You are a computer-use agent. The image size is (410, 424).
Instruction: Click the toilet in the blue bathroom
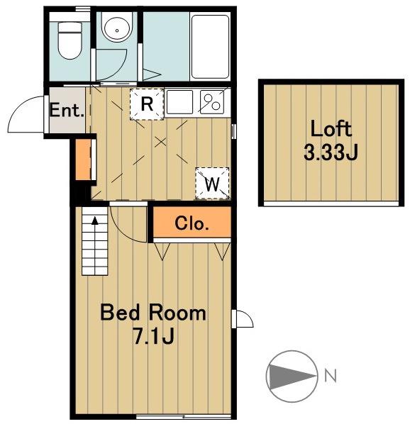pyautogui.click(x=70, y=40)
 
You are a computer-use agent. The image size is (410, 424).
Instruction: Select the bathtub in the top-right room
pyautogui.click(x=210, y=47)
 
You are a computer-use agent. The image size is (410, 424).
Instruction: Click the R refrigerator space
pyautogui.click(x=147, y=104)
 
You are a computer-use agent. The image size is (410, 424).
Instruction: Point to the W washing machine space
pyautogui.click(x=212, y=184)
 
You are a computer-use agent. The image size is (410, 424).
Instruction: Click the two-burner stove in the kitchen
pyautogui.click(x=212, y=102)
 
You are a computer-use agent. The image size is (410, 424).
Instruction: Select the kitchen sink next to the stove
pyautogui.click(x=179, y=102)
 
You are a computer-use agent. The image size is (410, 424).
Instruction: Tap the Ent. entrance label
pyautogui.click(x=67, y=110)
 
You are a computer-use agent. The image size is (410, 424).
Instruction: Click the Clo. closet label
pyautogui.click(x=192, y=223)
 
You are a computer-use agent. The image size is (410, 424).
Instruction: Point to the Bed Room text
pyautogui.click(x=153, y=313)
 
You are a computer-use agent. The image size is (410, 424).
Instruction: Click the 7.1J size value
pyautogui.click(x=153, y=336)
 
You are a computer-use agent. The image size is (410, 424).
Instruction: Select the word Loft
pyautogui.click(x=331, y=129)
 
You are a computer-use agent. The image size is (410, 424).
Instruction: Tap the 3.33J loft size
pyautogui.click(x=331, y=152)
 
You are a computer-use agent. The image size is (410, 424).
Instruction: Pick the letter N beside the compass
pyautogui.click(x=331, y=376)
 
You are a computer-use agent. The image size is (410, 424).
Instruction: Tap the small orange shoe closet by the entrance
pyautogui.click(x=83, y=160)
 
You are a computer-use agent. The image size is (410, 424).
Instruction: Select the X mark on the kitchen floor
pyautogui.click(x=160, y=142)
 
